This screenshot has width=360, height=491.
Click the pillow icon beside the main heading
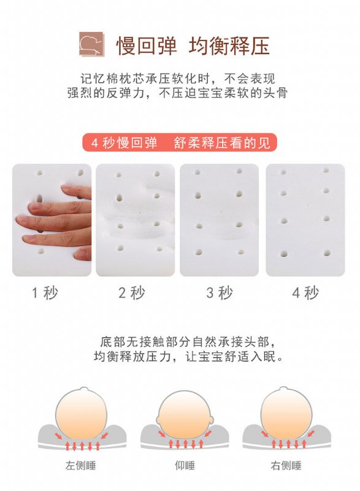(91, 44)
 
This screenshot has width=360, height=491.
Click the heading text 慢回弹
(147, 45)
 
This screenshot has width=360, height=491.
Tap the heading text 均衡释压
(229, 45)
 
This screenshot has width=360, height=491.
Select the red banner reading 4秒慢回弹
(180, 142)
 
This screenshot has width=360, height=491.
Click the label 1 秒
(45, 293)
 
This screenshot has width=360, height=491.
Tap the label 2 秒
(132, 293)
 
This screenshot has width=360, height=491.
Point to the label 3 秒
(220, 293)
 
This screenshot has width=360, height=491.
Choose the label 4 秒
(305, 293)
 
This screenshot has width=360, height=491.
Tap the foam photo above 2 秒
(135, 220)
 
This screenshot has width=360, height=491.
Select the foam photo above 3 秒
(220, 220)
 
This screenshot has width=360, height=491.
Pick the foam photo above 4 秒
(305, 220)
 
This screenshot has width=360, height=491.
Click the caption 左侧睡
(81, 465)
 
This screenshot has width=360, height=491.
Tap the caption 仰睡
(185, 465)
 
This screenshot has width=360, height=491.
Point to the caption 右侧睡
(286, 465)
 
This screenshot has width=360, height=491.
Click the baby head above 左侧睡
(82, 413)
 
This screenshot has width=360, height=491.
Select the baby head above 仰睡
(185, 415)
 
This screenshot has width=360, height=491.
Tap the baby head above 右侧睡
(286, 413)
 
